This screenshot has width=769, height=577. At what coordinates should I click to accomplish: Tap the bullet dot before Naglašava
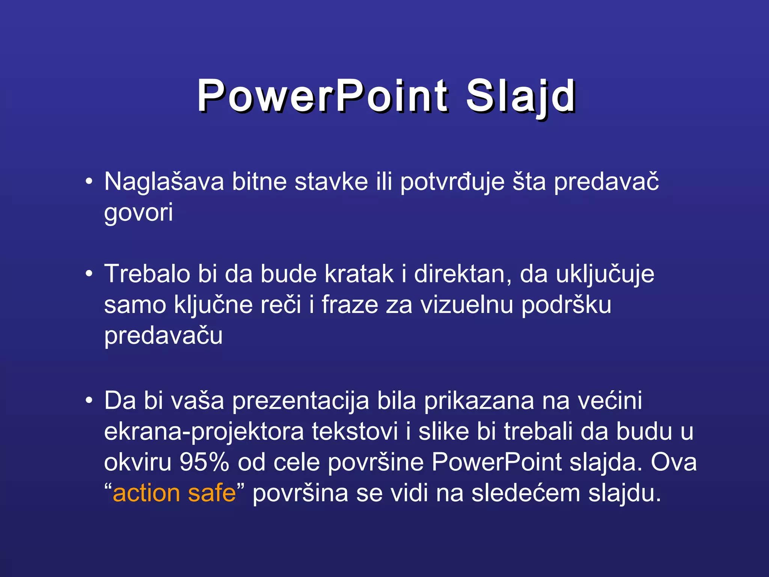point(89,182)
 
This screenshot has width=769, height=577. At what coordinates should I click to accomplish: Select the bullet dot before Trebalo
point(89,274)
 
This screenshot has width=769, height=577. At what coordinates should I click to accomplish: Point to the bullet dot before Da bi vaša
point(89,400)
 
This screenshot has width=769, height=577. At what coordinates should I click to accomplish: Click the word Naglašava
point(164,182)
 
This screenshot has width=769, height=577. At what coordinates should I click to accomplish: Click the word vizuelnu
point(466,305)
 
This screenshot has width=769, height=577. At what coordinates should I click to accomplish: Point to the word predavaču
point(163,336)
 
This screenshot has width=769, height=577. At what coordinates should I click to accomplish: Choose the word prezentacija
point(300,401)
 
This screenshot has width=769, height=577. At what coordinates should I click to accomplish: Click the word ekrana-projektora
point(204,432)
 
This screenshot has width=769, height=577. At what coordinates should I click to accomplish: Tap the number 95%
point(204,462)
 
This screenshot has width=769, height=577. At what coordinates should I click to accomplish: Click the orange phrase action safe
point(174,493)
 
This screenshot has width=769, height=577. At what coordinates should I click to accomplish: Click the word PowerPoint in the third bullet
point(496,462)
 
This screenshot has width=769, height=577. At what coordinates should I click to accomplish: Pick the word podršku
point(566,305)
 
